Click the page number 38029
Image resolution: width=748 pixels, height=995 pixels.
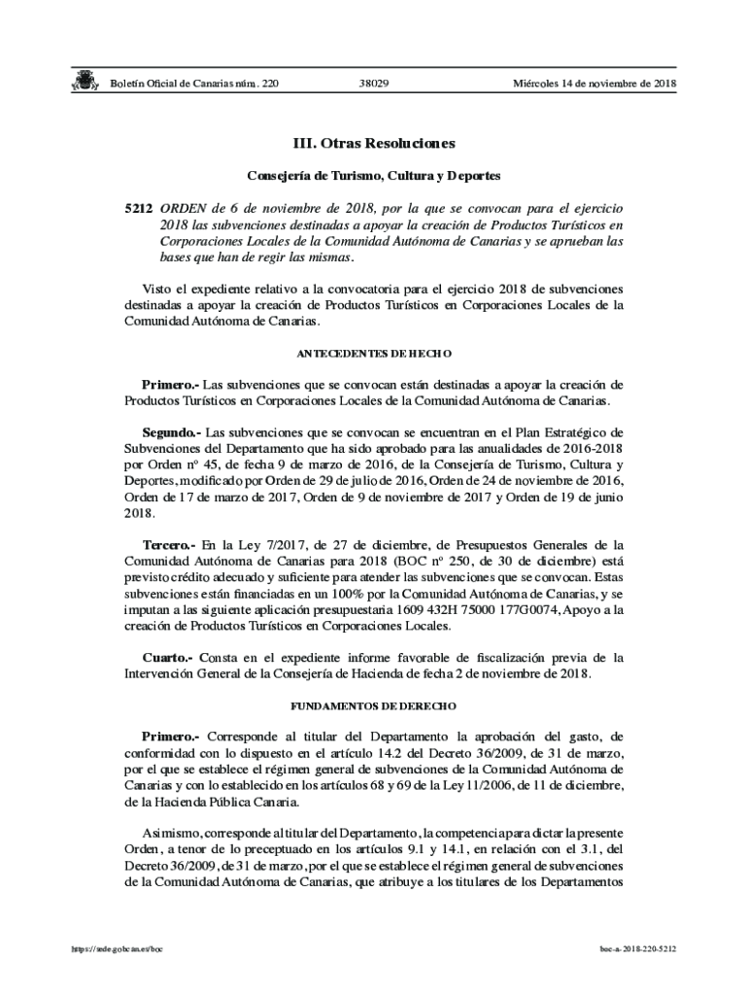pyautogui.click(x=374, y=85)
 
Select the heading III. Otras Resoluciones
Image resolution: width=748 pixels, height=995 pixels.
pyautogui.click(x=374, y=144)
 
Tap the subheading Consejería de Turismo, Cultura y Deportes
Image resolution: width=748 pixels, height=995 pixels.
pyautogui.click(x=374, y=177)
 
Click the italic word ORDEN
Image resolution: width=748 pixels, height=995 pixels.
pyautogui.click(x=182, y=208)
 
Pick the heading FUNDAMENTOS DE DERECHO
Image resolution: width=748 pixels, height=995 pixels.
pyautogui.click(x=374, y=705)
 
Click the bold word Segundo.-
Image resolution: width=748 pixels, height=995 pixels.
pyautogui.click(x=171, y=430)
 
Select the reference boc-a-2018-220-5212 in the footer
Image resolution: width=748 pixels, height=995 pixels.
pyautogui.click(x=637, y=947)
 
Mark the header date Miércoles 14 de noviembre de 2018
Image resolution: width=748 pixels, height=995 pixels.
pyautogui.click(x=594, y=85)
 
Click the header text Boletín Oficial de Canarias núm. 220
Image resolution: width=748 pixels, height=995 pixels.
pyautogui.click(x=193, y=85)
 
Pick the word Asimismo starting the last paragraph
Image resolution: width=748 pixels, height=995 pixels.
pyautogui.click(x=170, y=834)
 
